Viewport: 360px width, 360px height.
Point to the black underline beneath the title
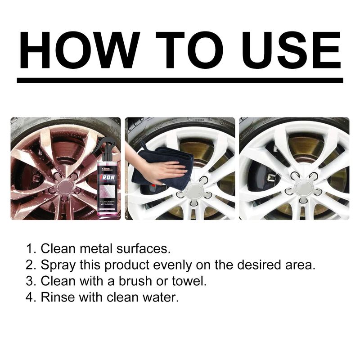point(180,80)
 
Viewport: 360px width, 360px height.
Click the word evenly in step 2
point(166,265)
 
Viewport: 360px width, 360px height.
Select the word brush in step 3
point(144,281)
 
